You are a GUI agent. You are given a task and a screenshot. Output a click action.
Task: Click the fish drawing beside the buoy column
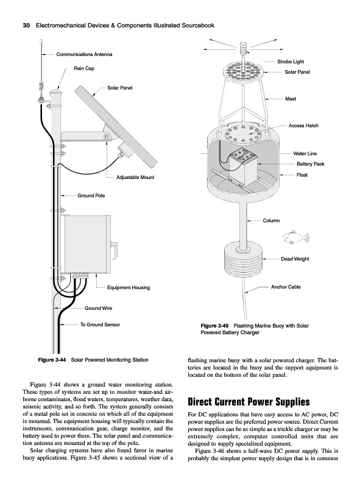(x=296, y=237)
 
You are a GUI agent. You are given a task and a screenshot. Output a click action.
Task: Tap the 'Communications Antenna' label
(x=84, y=54)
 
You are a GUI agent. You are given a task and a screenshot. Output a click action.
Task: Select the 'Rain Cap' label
(x=84, y=68)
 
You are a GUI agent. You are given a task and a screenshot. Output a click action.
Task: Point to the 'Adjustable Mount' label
(x=135, y=177)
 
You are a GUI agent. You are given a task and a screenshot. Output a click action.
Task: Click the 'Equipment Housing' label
(x=129, y=287)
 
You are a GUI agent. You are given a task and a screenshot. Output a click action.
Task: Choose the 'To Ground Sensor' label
(x=100, y=324)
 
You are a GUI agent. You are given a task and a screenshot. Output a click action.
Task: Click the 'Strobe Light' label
(x=291, y=61)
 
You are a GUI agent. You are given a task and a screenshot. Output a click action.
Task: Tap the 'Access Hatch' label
(x=303, y=125)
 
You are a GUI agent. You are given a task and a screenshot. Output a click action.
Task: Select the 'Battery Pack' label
(x=310, y=164)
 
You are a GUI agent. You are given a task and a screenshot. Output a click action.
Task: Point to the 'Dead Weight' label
(x=295, y=259)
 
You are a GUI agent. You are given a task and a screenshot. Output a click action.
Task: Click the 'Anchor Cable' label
(x=286, y=287)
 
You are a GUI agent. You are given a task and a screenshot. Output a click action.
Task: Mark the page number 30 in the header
(x=26, y=26)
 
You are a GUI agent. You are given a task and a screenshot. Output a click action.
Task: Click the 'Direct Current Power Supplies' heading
(x=249, y=402)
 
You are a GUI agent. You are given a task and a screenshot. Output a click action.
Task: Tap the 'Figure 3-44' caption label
(x=52, y=360)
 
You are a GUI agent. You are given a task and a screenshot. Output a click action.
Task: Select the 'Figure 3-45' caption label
(x=214, y=326)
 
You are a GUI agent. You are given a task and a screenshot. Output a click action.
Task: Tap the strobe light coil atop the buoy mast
(x=244, y=48)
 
